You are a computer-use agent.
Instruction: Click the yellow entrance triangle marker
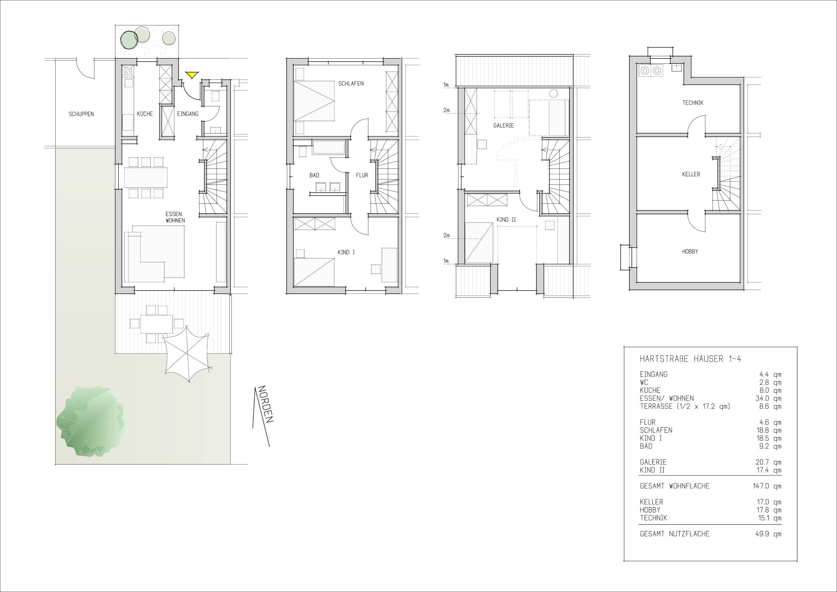coord(191,75)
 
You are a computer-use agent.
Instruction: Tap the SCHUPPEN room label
coord(81,114)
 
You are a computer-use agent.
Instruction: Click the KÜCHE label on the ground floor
coord(145,114)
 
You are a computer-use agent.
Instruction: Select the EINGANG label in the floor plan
coord(188,114)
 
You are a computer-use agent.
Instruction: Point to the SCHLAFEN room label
coord(351,83)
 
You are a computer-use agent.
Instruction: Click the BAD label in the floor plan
coord(314,175)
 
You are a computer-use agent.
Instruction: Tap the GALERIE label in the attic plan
coord(504,126)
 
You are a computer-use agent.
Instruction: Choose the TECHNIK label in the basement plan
coord(692,103)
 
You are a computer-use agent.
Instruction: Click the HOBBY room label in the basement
coord(690,251)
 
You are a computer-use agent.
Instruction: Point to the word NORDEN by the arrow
coord(265,404)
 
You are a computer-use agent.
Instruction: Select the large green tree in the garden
coord(91,421)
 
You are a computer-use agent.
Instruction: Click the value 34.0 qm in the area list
coord(768,398)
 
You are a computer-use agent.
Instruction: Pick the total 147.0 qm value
coord(767,486)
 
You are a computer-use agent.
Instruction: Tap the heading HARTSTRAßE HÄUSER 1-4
coord(691,359)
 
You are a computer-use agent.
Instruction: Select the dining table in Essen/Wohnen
coord(146,177)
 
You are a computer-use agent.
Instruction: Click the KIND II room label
coord(506,220)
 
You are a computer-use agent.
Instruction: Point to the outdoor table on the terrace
coord(156,323)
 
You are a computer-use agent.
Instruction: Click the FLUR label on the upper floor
coord(362,175)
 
